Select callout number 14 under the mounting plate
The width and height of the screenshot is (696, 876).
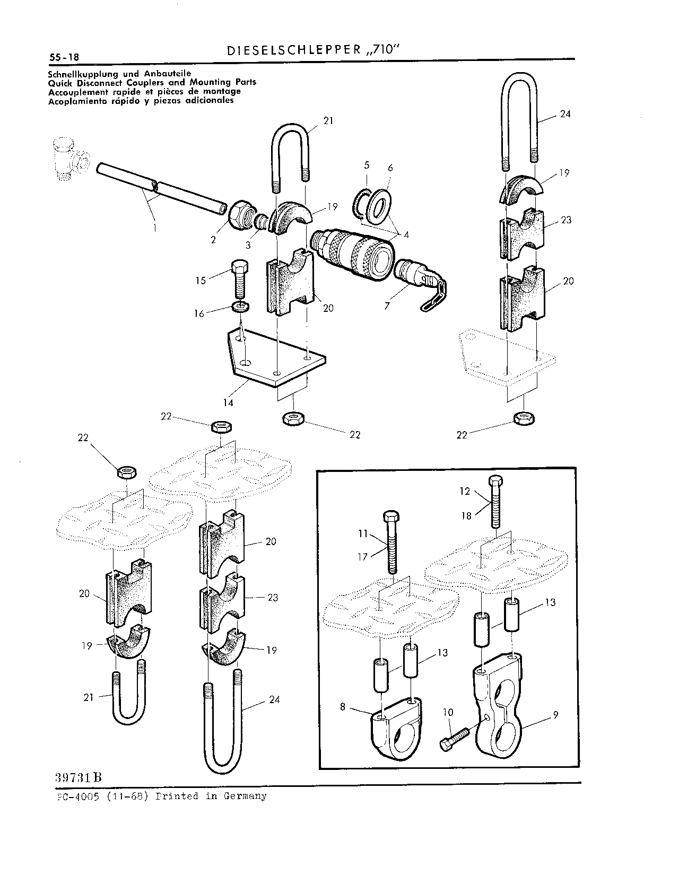point(228,403)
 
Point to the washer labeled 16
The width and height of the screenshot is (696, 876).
point(241,306)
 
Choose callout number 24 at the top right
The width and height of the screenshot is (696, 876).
point(565,114)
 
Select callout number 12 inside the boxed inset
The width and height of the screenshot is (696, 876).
point(465,491)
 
